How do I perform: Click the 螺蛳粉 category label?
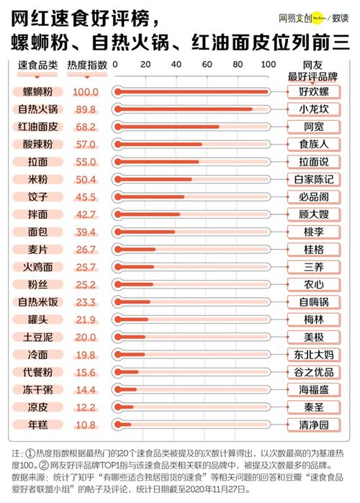[x=37, y=92]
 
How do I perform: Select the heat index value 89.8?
[x=85, y=109]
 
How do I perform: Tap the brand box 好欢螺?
[x=313, y=92]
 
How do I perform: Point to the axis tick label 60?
[x=207, y=65]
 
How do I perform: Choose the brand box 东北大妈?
[x=313, y=354]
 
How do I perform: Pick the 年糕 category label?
[x=37, y=425]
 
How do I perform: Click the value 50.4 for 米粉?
[x=85, y=179]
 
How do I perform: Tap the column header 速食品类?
[x=37, y=65]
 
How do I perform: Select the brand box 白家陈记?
[x=313, y=179]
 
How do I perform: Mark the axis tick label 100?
[x=268, y=65]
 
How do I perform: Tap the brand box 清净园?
[x=313, y=425]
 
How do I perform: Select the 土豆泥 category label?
[x=37, y=337]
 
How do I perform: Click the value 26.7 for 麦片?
[x=85, y=249]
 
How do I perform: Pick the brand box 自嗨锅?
[x=313, y=302]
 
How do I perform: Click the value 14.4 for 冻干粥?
[x=85, y=389]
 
